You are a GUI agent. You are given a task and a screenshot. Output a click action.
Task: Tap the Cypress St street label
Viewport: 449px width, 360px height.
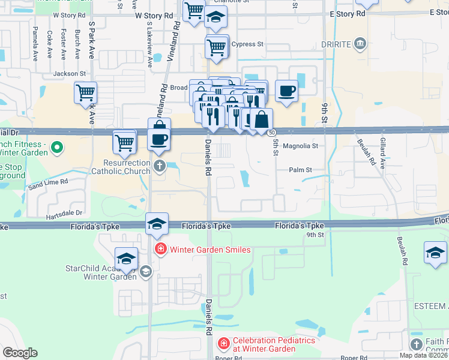point(247,44)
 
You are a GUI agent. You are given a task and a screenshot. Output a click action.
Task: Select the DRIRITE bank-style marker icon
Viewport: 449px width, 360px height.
point(360,43)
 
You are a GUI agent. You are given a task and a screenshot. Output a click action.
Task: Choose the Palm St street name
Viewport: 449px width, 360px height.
point(300,170)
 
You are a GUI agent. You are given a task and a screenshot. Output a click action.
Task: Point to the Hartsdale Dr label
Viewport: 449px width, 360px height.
point(66,213)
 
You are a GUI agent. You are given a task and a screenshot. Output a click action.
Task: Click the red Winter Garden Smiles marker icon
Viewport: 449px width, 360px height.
point(160,249)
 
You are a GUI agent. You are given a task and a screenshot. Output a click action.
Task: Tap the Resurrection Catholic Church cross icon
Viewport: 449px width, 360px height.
point(159,166)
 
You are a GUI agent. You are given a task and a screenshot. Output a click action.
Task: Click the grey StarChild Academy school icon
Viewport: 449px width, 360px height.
point(145,272)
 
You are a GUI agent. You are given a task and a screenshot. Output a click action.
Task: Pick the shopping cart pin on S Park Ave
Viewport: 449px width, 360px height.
point(86,93)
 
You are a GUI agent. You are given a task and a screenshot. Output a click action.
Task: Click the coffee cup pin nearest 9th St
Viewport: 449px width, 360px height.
point(286,91)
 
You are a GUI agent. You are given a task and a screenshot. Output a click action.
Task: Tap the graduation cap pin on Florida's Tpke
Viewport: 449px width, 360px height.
point(157,224)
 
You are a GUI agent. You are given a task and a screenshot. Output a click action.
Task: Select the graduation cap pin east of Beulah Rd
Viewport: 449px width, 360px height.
point(435,253)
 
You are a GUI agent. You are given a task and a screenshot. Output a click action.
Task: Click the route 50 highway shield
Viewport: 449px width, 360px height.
point(273,132)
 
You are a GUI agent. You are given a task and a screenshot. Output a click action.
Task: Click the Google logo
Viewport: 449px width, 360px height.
point(20,353)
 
